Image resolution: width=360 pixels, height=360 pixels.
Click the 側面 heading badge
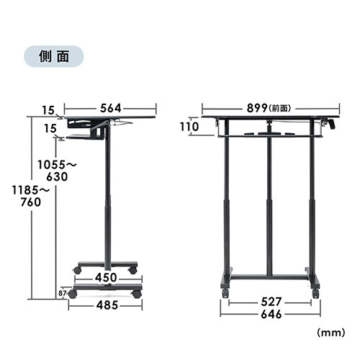pyautogui.click(x=54, y=56)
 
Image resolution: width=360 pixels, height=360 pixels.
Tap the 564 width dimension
pyautogui.click(x=110, y=108)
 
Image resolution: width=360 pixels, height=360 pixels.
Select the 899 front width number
pyautogui.click(x=257, y=108)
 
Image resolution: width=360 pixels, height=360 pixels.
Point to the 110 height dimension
pyautogui.click(x=189, y=127)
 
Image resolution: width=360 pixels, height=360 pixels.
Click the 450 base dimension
pyautogui.click(x=106, y=278)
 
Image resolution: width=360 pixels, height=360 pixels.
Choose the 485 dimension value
pyautogui.click(x=107, y=305)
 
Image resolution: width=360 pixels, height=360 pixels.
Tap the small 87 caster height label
pyautogui.click(x=63, y=293)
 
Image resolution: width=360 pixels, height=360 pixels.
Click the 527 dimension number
pyautogui.click(x=271, y=302)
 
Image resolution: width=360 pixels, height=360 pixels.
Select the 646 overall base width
pyautogui.click(x=271, y=315)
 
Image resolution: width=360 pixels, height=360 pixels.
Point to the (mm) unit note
pyautogui.click(x=331, y=333)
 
